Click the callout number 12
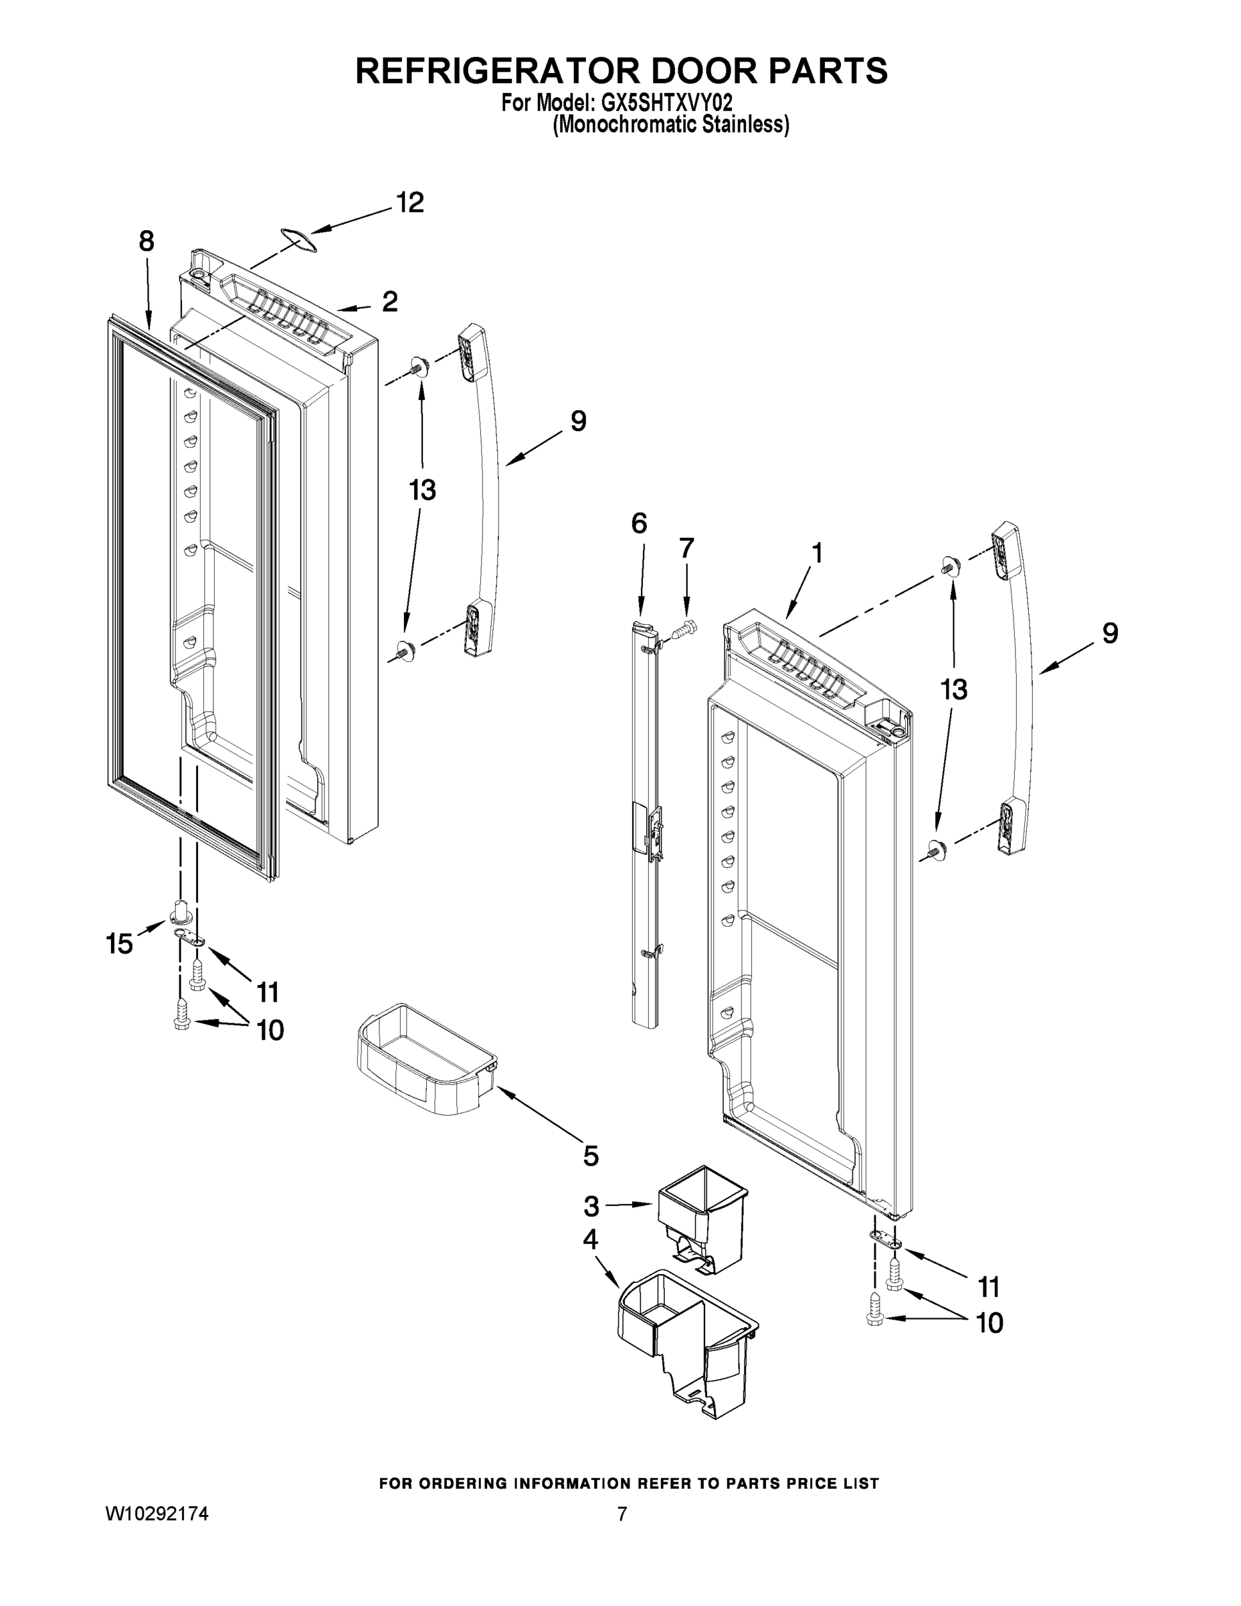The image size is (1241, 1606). pos(410,203)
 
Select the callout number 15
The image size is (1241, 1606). pos(119,944)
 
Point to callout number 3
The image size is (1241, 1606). pos(591,1206)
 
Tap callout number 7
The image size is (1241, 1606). pos(686,548)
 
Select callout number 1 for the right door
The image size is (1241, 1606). pos(816,553)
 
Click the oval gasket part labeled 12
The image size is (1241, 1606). pos(298,241)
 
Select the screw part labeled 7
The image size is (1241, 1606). pos(685,629)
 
